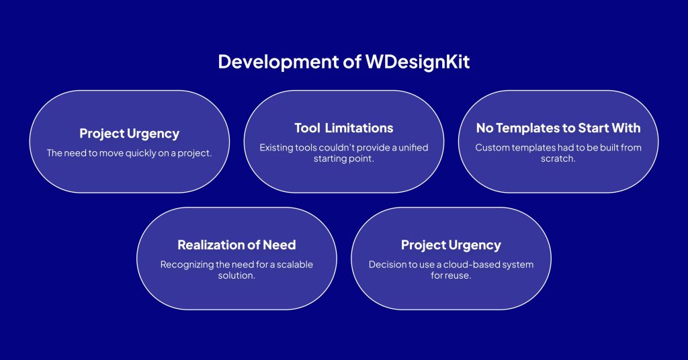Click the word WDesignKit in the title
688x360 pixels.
point(417,62)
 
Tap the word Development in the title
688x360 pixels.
point(278,62)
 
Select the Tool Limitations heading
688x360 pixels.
point(344,128)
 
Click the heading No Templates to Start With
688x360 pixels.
point(558,128)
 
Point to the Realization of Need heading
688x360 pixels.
point(236,244)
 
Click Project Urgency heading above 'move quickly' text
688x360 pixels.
point(130,134)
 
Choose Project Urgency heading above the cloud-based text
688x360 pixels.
point(451,245)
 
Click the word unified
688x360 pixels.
point(413,148)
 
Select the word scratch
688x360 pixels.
point(558,159)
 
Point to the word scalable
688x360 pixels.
point(295,265)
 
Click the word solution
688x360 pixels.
point(236,276)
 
